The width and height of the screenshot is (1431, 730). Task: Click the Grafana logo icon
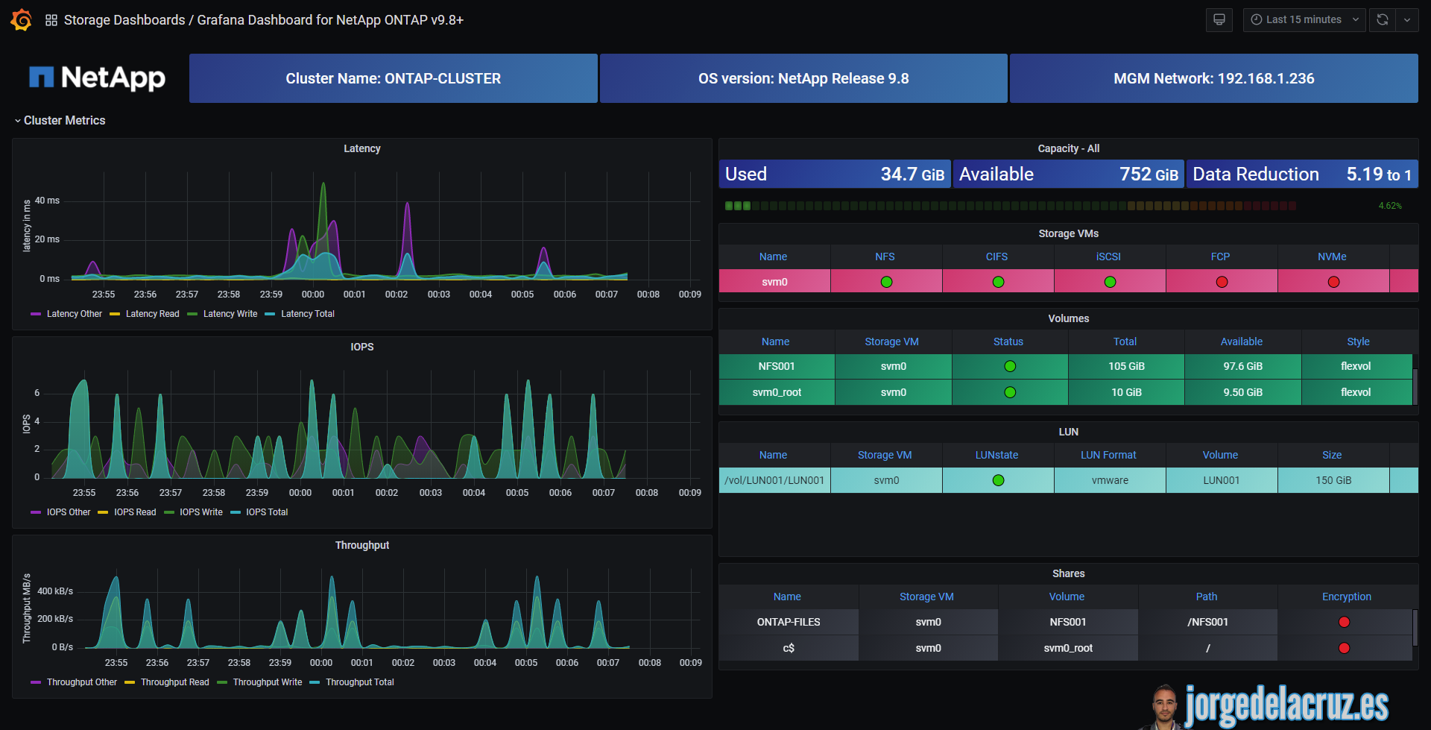click(x=21, y=20)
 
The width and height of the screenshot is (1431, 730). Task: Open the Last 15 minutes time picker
click(x=1304, y=20)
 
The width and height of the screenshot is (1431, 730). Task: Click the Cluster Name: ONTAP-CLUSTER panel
click(x=393, y=78)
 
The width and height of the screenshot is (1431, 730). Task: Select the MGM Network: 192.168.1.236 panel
click(x=1213, y=78)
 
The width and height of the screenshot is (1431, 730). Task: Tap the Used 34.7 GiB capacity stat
click(x=834, y=174)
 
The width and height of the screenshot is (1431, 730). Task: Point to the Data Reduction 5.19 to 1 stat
click(x=1301, y=174)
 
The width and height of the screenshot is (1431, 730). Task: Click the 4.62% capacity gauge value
click(x=1389, y=206)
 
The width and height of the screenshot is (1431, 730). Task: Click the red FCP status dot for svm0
click(x=1222, y=282)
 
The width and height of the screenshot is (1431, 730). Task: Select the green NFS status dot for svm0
click(x=886, y=282)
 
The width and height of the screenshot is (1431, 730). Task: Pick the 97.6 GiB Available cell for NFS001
click(x=1242, y=366)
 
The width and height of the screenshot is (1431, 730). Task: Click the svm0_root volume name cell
click(x=777, y=392)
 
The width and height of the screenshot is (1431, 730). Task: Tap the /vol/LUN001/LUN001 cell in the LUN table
click(x=774, y=480)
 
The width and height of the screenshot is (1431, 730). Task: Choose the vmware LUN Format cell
click(x=1110, y=480)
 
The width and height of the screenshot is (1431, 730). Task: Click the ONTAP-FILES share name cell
click(x=789, y=622)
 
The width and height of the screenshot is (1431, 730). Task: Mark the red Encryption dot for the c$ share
click(x=1344, y=648)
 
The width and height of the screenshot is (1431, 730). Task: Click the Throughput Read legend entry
click(x=174, y=682)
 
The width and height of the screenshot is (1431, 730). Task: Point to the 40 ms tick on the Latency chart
click(x=47, y=201)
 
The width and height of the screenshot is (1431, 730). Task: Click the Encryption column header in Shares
click(x=1346, y=597)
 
